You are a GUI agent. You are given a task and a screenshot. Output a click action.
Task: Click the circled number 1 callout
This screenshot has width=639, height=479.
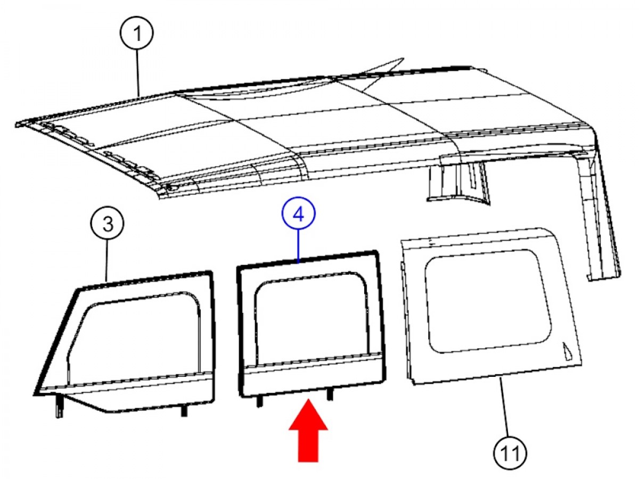pyautogui.click(x=136, y=32)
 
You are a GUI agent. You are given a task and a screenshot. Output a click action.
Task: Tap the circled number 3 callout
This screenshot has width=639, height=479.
pyautogui.click(x=108, y=224)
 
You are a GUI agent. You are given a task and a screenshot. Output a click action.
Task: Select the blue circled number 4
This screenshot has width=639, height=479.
pyautogui.click(x=298, y=214)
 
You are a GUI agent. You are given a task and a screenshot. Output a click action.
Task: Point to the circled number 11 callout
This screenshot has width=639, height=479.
pyautogui.click(x=510, y=453)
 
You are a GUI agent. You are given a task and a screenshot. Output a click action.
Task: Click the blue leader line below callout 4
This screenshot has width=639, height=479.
pyautogui.click(x=298, y=247)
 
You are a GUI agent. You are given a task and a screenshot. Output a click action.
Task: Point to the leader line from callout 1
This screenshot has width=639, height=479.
pyautogui.click(x=138, y=73)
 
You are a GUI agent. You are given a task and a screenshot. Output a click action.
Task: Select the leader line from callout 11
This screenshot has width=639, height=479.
pyautogui.click(x=505, y=407)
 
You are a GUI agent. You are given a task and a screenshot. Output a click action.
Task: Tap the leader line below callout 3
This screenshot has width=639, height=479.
pyautogui.click(x=107, y=261)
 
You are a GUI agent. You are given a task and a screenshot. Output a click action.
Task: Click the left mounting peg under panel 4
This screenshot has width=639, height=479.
pyautogui.click(x=259, y=401)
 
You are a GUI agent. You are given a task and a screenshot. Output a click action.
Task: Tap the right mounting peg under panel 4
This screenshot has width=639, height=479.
pyautogui.click(x=329, y=394)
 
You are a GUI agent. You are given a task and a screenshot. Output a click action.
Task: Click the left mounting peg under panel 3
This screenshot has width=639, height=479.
pyautogui.click(x=59, y=406)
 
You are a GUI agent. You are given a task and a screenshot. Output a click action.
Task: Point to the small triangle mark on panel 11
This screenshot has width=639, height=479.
pyautogui.click(x=567, y=352)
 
